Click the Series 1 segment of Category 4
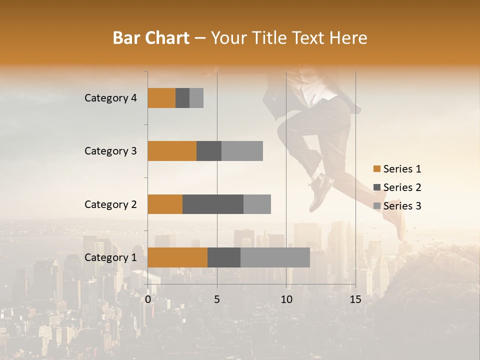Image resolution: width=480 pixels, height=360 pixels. point(161,98)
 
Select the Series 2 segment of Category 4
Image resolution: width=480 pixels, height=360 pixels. point(182,98)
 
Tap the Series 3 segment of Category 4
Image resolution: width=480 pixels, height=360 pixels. point(196,98)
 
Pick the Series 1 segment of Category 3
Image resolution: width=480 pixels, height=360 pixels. point(172,151)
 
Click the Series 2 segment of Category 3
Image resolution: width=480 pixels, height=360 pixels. point(209,151)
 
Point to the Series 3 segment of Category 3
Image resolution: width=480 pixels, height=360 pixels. point(242,151)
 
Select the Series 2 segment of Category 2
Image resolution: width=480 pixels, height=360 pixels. point(213,204)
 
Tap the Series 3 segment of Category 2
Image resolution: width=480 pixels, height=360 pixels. point(257,204)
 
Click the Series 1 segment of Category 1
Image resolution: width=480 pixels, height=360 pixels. point(177,257)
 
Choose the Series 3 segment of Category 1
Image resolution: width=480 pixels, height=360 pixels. point(275,257)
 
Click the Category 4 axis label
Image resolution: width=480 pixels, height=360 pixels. point(110,98)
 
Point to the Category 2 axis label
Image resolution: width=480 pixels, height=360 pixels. point(110,204)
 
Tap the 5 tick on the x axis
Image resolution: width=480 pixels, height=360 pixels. point(217,299)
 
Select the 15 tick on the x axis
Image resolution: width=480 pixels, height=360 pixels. point(355,299)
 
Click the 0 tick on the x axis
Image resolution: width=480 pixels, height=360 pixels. point(148,299)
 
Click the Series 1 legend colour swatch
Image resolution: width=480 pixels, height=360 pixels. point(377,169)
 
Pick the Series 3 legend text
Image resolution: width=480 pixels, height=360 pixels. point(402,206)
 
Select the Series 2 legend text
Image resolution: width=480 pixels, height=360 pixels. point(402,187)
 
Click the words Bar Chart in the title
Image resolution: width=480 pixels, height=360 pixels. point(151,38)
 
